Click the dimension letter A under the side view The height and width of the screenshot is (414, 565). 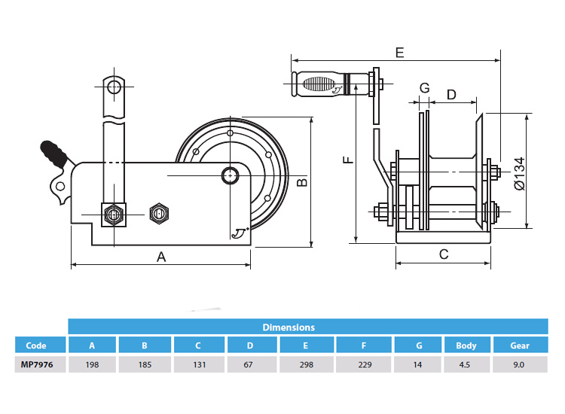(160, 257)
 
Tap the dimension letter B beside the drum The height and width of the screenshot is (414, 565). (301, 181)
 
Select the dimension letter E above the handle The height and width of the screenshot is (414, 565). (399, 52)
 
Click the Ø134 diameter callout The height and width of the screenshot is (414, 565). (518, 173)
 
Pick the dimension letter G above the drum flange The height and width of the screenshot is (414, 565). (424, 88)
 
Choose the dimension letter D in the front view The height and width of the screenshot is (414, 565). (451, 94)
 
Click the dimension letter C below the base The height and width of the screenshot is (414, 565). (444, 254)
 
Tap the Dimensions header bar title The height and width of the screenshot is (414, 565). (289, 327)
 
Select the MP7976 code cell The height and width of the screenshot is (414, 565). (36, 364)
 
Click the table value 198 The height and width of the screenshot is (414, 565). (92, 364)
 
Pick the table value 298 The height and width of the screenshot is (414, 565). (306, 364)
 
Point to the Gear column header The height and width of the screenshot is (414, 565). (519, 346)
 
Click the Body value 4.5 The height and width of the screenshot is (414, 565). (466, 364)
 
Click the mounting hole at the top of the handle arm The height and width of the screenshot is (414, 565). (114, 87)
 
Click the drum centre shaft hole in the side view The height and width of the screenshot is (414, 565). (228, 175)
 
